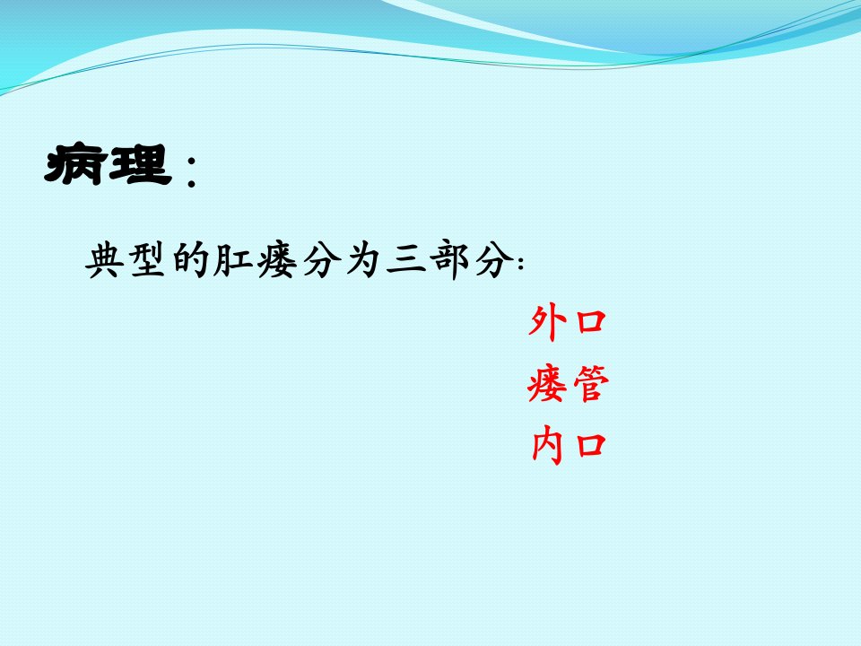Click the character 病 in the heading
[x=75, y=163]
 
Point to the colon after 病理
[x=191, y=170]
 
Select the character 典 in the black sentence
[x=105, y=260]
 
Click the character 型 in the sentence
[x=148, y=259]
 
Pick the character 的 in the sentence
[x=190, y=259]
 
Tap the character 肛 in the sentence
[x=233, y=259]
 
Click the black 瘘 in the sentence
[x=277, y=260]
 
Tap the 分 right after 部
[x=493, y=260]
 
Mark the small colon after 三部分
[x=520, y=263]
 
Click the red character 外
[x=547, y=322]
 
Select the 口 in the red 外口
[x=591, y=322]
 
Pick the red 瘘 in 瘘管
[x=547, y=384]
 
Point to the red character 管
[x=591, y=383]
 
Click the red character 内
[x=547, y=446]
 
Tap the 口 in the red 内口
[x=591, y=446]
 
